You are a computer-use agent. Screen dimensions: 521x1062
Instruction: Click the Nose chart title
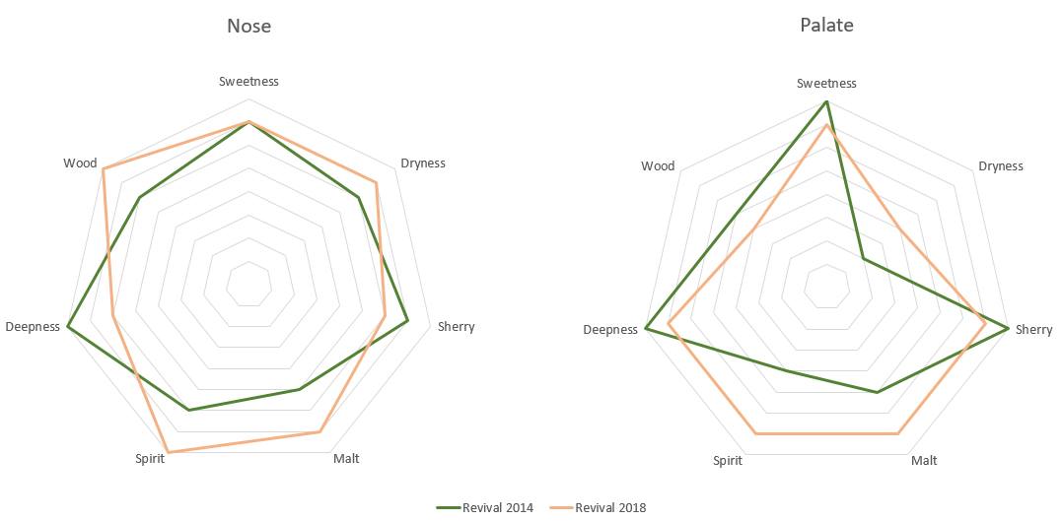248,27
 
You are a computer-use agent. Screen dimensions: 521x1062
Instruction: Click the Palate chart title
826,26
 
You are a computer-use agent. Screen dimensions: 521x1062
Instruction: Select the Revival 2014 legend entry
485,507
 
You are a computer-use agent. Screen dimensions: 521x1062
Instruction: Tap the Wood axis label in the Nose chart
79,163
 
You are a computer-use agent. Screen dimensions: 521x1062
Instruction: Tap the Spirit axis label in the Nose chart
150,459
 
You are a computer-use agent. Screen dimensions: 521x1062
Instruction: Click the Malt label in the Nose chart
346,459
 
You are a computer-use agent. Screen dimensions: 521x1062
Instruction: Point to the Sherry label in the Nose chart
456,327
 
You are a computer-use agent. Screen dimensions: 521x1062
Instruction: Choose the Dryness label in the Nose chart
422,163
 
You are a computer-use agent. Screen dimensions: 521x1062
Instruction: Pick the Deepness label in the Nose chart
33,327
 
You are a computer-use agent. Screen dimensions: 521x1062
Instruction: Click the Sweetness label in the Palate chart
826,84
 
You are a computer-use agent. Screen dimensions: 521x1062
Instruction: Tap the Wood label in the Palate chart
658,166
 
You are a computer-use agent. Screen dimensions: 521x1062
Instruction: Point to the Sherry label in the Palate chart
1033,330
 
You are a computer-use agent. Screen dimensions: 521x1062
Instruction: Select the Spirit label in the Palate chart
728,460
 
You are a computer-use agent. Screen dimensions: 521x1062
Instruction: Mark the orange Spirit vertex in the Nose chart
168,452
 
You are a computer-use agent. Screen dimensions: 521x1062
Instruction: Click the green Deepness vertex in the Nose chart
68,325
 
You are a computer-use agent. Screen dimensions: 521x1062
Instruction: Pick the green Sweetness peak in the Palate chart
826,101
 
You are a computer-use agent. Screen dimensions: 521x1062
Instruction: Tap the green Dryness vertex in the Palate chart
863,259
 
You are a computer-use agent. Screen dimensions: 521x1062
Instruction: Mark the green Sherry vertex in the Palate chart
1007,327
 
